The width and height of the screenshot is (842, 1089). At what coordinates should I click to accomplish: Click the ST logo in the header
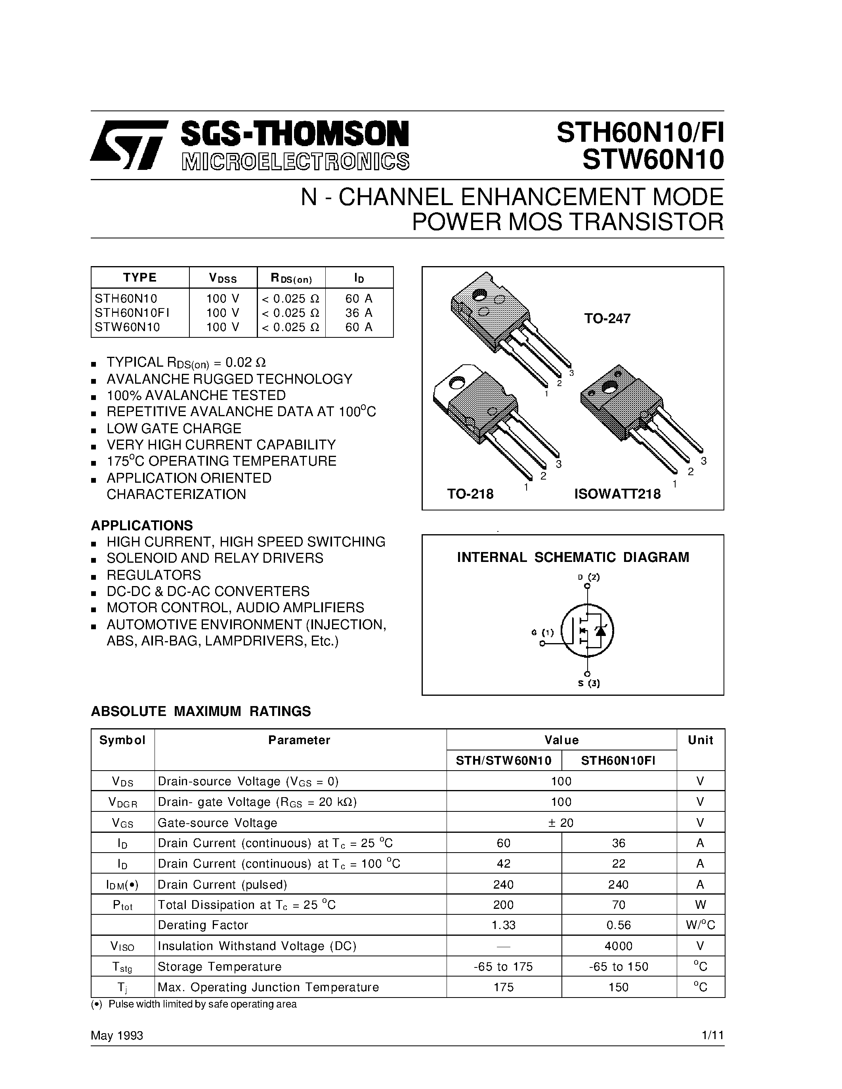pyautogui.click(x=128, y=145)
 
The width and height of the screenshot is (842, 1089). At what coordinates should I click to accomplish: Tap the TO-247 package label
pyautogui.click(x=607, y=319)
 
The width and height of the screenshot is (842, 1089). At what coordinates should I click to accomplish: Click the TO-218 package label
pyautogui.click(x=470, y=494)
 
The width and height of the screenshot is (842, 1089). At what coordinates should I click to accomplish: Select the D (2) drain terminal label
pyautogui.click(x=588, y=577)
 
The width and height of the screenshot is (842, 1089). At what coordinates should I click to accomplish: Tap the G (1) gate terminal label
pyautogui.click(x=542, y=633)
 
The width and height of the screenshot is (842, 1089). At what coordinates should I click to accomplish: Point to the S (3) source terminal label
pyautogui.click(x=588, y=683)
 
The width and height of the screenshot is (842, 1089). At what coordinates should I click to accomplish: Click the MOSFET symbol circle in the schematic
pyautogui.click(x=587, y=631)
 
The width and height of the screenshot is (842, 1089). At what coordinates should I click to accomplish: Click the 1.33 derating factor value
pyautogui.click(x=503, y=925)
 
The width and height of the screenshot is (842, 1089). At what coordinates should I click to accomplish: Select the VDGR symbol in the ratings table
pyautogui.click(x=122, y=802)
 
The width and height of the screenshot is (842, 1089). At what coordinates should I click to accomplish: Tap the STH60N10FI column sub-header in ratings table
pyautogui.click(x=618, y=760)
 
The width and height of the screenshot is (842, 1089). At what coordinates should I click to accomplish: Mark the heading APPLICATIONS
pyautogui.click(x=142, y=525)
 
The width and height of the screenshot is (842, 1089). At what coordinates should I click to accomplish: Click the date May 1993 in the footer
pyautogui.click(x=117, y=1036)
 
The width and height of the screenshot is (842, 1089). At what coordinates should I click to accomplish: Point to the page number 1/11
pyautogui.click(x=712, y=1036)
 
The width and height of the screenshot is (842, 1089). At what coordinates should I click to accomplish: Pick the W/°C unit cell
pyautogui.click(x=700, y=925)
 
